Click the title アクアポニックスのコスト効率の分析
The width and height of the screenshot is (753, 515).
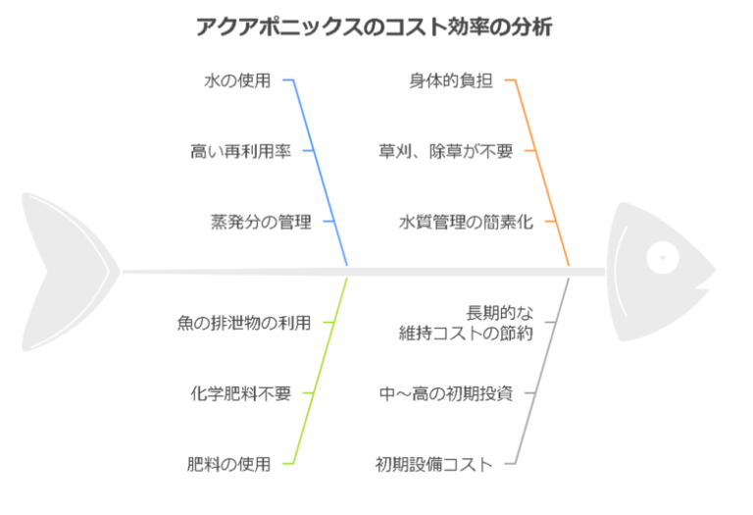tap(374, 26)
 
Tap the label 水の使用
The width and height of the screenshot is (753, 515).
tap(237, 80)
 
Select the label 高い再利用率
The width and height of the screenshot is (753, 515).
tap(240, 151)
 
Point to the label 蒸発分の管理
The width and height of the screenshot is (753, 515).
tap(261, 222)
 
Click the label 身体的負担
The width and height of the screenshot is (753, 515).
tap(451, 80)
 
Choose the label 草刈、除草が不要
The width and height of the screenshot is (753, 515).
tap(446, 151)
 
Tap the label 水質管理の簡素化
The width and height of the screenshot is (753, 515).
tap(466, 222)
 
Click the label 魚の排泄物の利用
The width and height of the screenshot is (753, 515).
tap(244, 323)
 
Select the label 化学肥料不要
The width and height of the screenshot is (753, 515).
tap(240, 393)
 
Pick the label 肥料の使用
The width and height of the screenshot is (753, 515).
tap(228, 464)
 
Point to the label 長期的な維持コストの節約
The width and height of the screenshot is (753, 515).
tap(466, 323)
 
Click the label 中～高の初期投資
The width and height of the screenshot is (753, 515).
tap(446, 393)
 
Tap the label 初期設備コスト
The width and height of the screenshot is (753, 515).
tap(434, 464)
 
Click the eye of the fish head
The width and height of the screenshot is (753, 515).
tap(663, 257)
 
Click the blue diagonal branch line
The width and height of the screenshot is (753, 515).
tap(320, 173)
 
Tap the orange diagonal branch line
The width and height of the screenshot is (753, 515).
tap(541, 173)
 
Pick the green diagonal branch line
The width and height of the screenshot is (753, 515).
tap(320, 371)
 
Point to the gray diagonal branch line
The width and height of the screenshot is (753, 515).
tap(541, 371)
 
